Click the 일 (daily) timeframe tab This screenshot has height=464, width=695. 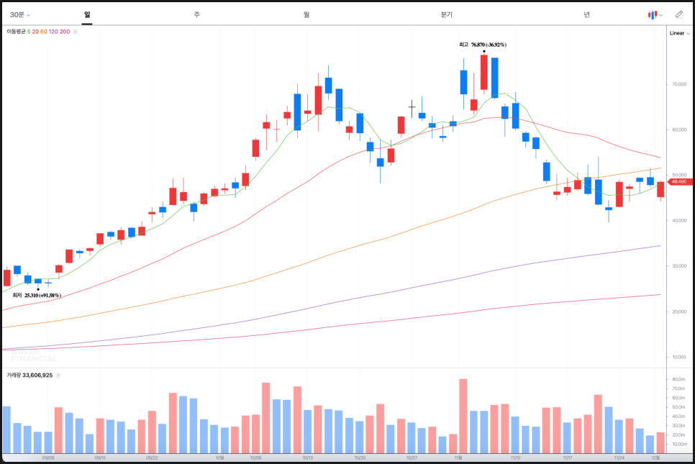87,14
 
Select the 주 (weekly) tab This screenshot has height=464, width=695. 196,14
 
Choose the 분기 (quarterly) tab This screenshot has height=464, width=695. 447,14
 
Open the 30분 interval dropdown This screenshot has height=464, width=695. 19,14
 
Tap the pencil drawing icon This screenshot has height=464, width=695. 678,14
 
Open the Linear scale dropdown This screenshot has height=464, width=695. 679,33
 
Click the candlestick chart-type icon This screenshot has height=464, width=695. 654,14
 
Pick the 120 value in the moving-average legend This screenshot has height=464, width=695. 54,32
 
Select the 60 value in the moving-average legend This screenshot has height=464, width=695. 43,32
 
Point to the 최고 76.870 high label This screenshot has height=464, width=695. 483,45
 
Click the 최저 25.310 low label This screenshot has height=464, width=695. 37,295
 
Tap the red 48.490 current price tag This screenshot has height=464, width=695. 678,182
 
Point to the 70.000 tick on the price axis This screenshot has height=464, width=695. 678,84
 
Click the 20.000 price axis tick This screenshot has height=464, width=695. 678,311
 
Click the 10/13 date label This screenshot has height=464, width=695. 307,458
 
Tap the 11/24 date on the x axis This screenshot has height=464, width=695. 619,458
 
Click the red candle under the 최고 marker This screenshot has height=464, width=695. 484,73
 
